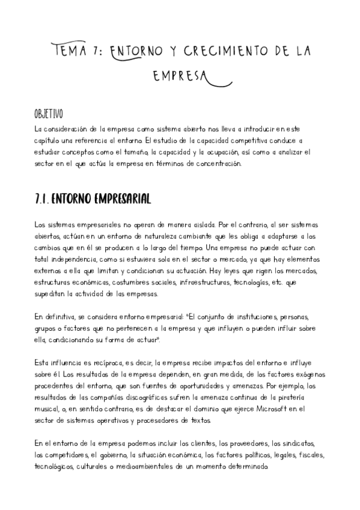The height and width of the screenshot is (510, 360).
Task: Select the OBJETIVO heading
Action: (x=49, y=114)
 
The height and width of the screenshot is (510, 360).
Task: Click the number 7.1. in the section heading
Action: (x=44, y=198)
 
